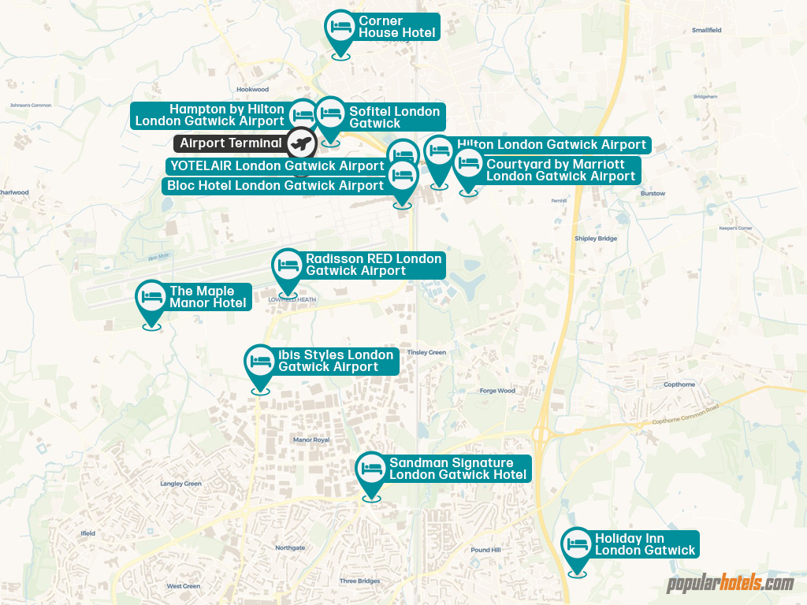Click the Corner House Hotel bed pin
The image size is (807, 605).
(x=340, y=27)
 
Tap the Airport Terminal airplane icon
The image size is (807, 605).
(x=299, y=143)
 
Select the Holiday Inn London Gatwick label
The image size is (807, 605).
(x=645, y=544)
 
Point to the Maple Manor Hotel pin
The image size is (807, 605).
(x=151, y=297)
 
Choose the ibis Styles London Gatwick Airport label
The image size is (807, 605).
(x=335, y=361)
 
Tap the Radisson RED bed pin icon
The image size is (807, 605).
(x=288, y=265)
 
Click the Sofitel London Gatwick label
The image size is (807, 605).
(x=394, y=117)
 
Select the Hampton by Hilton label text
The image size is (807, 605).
(x=210, y=115)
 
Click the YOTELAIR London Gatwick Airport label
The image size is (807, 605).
(x=277, y=165)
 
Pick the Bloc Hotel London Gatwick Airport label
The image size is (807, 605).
(x=275, y=186)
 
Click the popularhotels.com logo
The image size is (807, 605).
(x=730, y=584)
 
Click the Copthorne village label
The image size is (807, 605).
(x=679, y=384)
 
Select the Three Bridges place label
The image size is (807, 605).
(x=359, y=581)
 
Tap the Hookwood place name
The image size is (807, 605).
(x=252, y=90)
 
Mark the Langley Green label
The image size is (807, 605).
(x=180, y=484)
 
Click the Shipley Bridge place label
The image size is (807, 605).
(x=596, y=238)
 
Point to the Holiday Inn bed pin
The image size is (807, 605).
(x=578, y=544)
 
